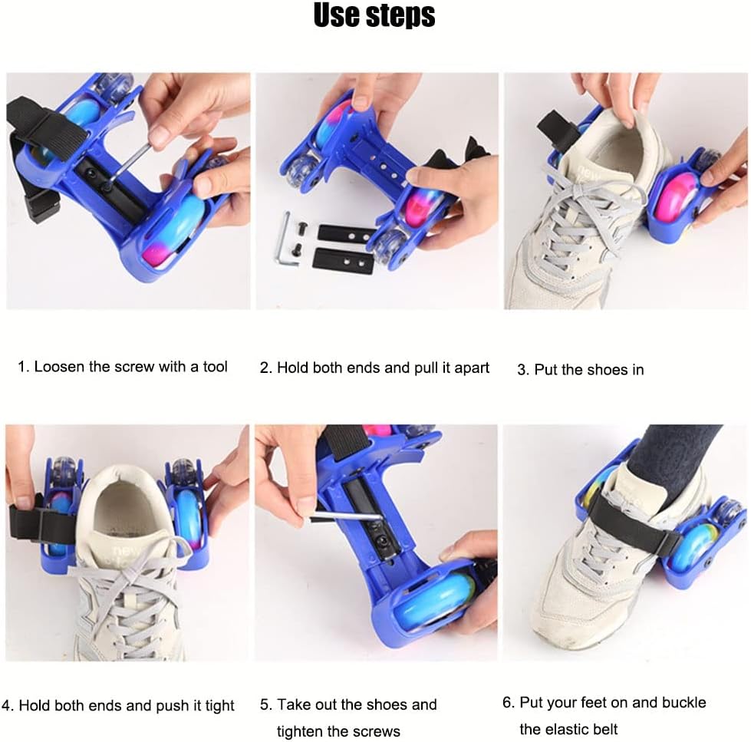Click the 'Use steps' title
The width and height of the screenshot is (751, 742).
374,15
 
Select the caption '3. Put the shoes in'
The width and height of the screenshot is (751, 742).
581,370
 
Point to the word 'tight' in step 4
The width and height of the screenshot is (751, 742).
219,706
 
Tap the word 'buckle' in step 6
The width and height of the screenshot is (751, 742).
684,702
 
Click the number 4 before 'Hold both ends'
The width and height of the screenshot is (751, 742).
6,706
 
